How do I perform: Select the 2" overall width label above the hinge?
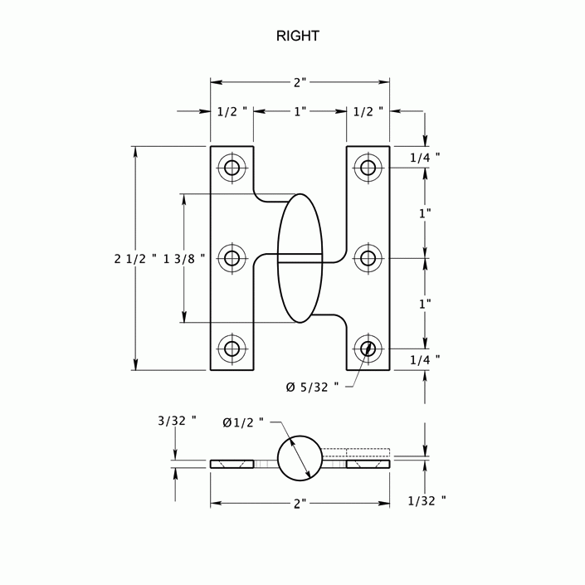[300, 82]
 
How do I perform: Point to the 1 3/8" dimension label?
[184, 259]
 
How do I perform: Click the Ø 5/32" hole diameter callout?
[311, 387]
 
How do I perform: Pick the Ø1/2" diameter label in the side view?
[243, 422]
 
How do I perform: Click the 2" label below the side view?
[300, 503]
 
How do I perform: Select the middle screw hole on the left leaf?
[232, 258]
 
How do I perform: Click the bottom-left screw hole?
[232, 348]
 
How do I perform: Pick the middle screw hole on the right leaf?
[368, 258]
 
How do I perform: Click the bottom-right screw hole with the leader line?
[368, 348]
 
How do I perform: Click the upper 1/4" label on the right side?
[425, 156]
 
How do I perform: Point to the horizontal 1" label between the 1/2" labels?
[300, 110]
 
